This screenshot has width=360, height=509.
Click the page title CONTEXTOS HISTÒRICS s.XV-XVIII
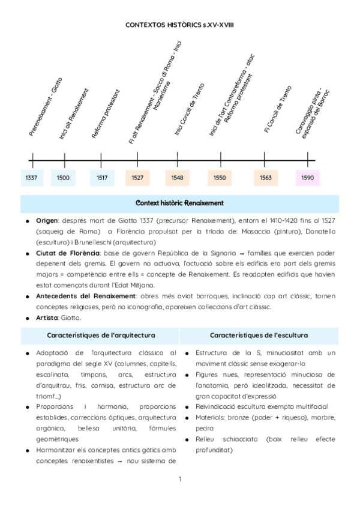pos(179,25)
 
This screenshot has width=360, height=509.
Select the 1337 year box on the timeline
pos(31,178)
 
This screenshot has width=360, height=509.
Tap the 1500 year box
pos(63,178)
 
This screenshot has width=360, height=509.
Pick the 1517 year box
pos(102,178)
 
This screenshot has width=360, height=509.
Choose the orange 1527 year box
pos(137,178)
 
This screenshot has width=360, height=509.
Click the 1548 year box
pos(178,178)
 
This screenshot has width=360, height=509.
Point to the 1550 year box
pos(220,178)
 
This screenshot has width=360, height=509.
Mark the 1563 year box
pos(265,178)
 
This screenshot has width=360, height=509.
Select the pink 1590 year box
pos(308,178)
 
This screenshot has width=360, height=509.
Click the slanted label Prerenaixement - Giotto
pos(45,106)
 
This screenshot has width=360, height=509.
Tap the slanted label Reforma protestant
pos(106,114)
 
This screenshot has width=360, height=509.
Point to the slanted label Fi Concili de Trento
pos(277,109)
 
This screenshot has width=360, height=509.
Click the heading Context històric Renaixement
pos(180,203)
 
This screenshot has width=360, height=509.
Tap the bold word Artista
pos(47,318)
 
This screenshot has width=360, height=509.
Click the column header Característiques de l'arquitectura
pos(101,334)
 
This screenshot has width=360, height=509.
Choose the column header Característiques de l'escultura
pos(259,334)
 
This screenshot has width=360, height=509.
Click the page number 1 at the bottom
pos(179,478)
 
